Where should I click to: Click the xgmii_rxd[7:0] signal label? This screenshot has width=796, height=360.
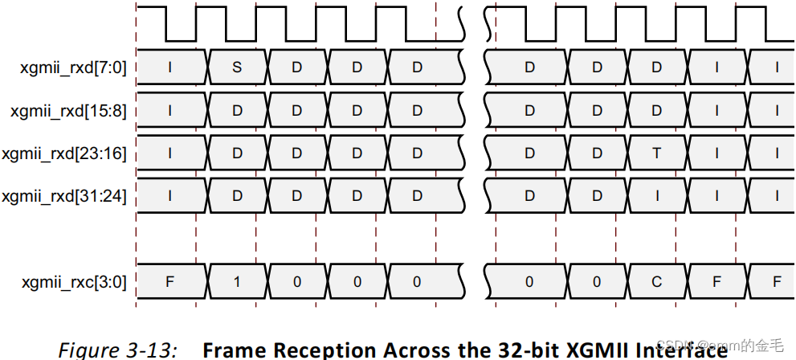[x=73, y=67]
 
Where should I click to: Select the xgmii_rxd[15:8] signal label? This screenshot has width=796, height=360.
[x=69, y=110]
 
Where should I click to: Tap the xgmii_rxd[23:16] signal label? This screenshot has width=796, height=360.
[x=65, y=153]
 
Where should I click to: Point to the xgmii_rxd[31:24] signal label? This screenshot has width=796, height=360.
[x=65, y=195]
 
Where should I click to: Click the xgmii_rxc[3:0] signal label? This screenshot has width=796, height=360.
[x=73, y=281]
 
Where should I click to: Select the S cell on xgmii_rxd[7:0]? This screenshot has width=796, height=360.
[x=237, y=67]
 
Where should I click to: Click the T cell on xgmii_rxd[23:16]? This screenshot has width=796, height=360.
[x=656, y=153]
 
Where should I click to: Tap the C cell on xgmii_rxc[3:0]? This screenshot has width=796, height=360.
[x=656, y=281]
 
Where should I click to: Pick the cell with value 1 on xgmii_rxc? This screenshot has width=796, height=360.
[x=237, y=281]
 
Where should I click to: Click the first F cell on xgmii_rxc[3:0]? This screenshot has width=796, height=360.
[x=169, y=281]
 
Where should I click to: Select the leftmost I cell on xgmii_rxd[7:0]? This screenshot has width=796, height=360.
[x=169, y=67]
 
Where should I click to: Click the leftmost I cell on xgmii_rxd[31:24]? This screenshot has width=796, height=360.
[x=169, y=195]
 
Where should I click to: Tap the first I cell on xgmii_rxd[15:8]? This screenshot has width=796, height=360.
[x=169, y=110]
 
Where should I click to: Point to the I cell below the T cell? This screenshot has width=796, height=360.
[x=656, y=195]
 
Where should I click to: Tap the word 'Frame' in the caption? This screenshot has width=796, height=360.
[x=232, y=350]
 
